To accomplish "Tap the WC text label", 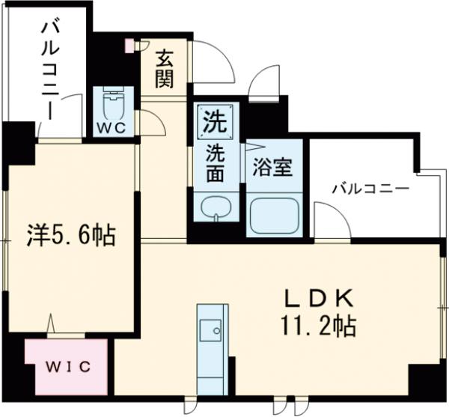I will tap(112, 127).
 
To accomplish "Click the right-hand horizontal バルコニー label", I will tap(370, 188).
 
